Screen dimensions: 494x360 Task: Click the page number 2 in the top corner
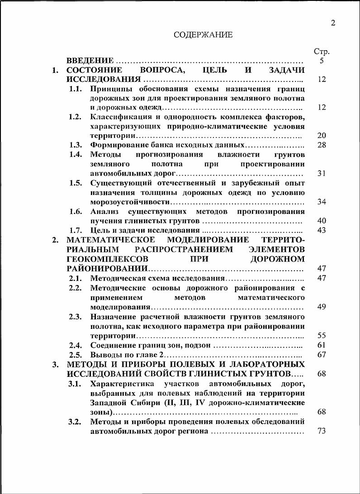(x=333, y=23)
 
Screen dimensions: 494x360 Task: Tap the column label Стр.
(x=321, y=52)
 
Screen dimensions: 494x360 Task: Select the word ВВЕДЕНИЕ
(x=90, y=61)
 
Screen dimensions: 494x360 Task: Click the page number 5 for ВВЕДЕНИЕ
(x=322, y=61)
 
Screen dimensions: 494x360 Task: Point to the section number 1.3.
(x=75, y=145)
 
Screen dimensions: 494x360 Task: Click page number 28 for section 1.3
(x=322, y=145)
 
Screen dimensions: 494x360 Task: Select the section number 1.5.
(x=75, y=183)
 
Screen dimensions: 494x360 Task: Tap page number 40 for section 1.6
(x=322, y=221)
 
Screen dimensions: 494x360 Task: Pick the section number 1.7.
(x=75, y=230)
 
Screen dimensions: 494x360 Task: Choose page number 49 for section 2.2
(x=322, y=307)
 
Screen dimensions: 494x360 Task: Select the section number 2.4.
(x=75, y=346)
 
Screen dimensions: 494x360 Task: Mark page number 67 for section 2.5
(x=322, y=355)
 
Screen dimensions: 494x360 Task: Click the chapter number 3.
(x=55, y=364)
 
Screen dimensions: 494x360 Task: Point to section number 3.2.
(x=75, y=422)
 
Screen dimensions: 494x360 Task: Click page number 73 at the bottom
(x=322, y=431)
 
